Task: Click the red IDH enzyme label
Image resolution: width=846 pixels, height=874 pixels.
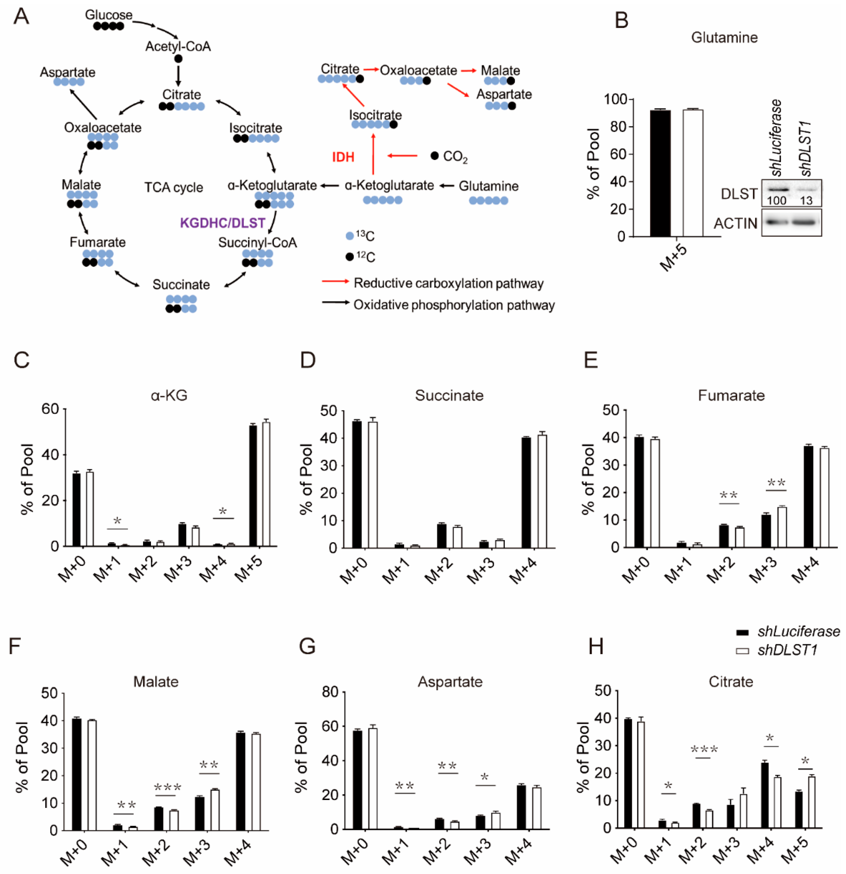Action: click(343, 157)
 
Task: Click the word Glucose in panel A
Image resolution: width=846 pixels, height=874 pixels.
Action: click(109, 15)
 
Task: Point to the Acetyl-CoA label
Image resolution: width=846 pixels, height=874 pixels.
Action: click(178, 46)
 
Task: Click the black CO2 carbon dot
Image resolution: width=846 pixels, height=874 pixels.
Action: click(434, 156)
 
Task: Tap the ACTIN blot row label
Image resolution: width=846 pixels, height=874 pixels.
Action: click(735, 223)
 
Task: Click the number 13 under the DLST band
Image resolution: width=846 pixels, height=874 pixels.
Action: click(806, 201)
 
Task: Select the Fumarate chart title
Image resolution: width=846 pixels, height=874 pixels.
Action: click(731, 395)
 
